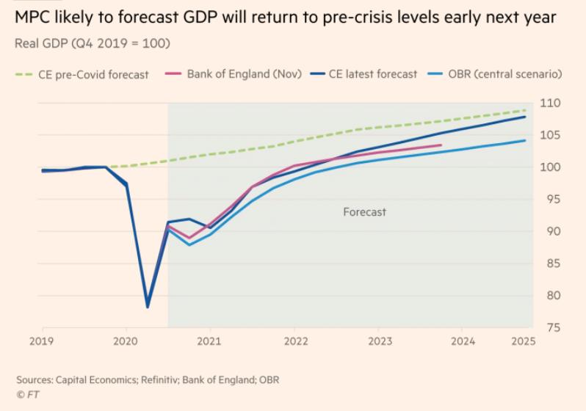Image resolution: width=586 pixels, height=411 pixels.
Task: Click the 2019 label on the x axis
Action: click(x=42, y=341)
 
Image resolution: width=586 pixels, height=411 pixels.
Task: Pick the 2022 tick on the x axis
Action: click(x=294, y=341)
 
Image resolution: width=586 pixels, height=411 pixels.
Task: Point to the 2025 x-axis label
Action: click(x=524, y=341)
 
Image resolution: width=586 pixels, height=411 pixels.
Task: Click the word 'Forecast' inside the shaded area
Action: click(x=364, y=212)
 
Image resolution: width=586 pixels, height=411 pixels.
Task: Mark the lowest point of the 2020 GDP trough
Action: click(x=148, y=306)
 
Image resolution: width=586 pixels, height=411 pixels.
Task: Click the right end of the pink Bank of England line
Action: click(x=441, y=145)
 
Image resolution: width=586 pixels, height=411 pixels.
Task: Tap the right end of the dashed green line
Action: click(x=526, y=110)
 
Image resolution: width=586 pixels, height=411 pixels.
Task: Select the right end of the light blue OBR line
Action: click(x=526, y=140)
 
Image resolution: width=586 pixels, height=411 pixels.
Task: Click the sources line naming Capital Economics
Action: click(x=148, y=380)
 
